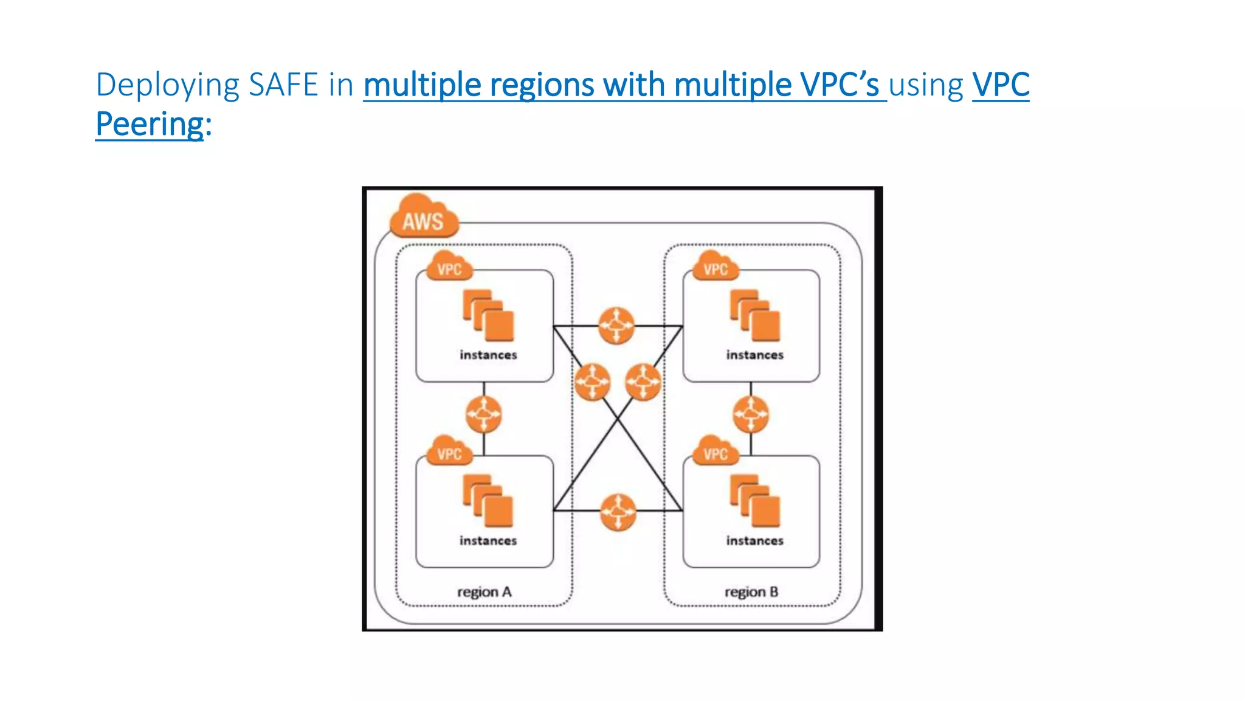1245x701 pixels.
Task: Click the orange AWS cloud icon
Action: pyautogui.click(x=423, y=218)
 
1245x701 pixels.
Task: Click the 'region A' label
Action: pyautogui.click(x=484, y=591)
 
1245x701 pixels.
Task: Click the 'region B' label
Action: pyautogui.click(x=751, y=591)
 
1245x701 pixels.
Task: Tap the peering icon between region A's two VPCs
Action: pyautogui.click(x=484, y=414)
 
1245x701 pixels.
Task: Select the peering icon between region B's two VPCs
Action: pyautogui.click(x=751, y=414)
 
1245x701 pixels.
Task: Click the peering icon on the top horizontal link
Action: pyautogui.click(x=616, y=326)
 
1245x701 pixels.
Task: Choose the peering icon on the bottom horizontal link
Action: pyautogui.click(x=618, y=512)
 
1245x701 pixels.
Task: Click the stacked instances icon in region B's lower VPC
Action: pyautogui.click(x=754, y=501)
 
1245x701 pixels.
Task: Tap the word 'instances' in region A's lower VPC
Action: pyautogui.click(x=488, y=540)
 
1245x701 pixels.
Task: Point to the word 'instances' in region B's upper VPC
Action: pyautogui.click(x=754, y=355)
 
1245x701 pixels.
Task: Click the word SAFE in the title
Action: pyautogui.click(x=283, y=85)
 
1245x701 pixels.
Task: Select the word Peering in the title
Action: pyautogui.click(x=150, y=124)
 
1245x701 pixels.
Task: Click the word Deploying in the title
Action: pyautogui.click(x=167, y=85)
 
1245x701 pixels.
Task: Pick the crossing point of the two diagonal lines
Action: pyautogui.click(x=618, y=419)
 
